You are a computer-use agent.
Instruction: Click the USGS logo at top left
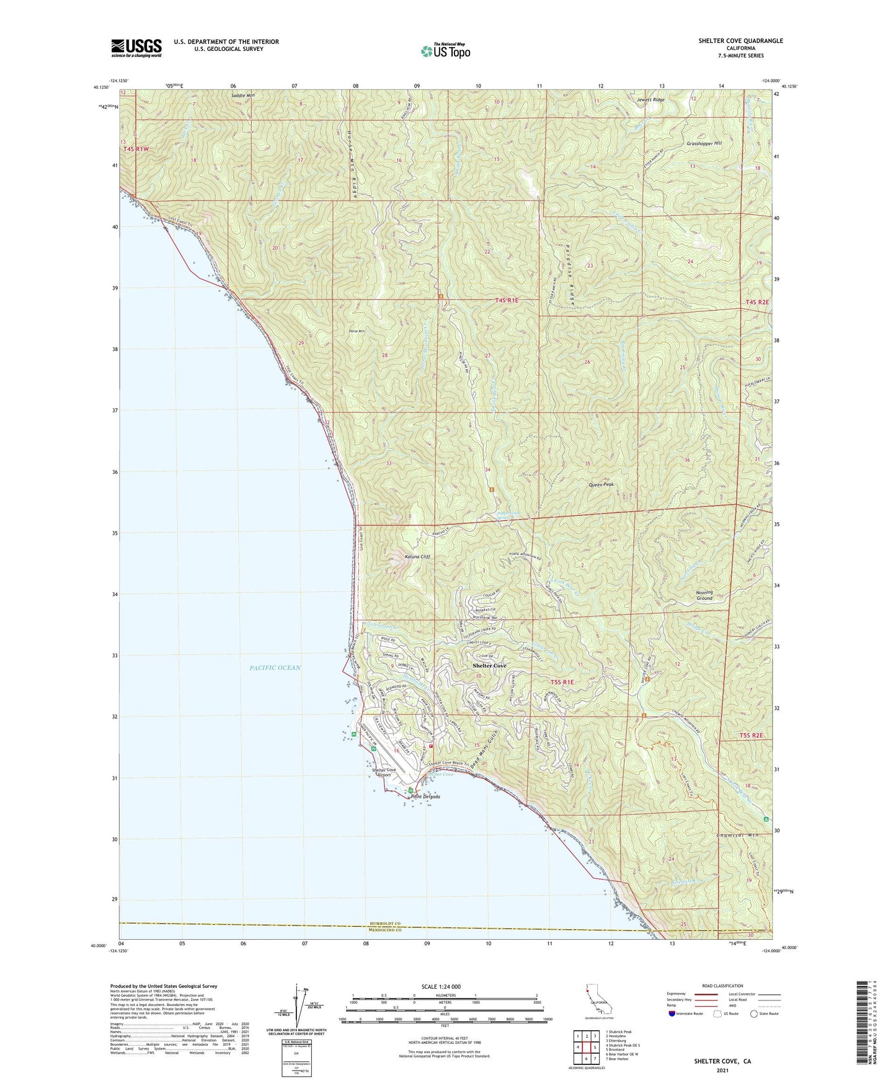coord(136,48)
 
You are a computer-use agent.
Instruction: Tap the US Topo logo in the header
coord(445,51)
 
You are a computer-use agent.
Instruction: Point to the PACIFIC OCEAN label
coord(275,667)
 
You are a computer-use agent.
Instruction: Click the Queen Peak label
coord(601,485)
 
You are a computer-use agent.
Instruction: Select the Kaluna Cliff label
coord(417,556)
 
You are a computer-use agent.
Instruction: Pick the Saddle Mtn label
coord(242,96)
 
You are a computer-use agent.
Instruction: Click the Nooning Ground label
coord(704,595)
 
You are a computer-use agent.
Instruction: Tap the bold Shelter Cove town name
coord(489,666)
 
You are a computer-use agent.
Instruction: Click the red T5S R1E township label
coord(562,682)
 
